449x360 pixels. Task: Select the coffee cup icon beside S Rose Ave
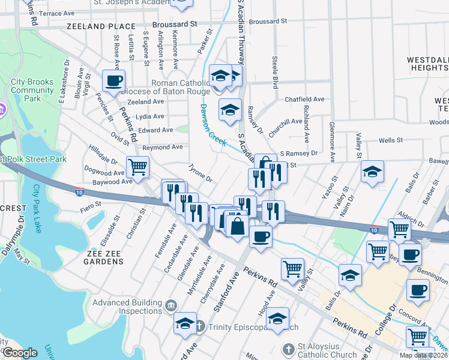[x=113, y=81]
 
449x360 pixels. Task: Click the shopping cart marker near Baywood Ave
[x=137, y=167]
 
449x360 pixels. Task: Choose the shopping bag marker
[x=237, y=227]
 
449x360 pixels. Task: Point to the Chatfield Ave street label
[x=304, y=99]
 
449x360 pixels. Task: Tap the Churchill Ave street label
[x=285, y=121]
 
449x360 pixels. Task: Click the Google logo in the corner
[x=20, y=353]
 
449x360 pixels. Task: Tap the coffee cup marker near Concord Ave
[x=418, y=290]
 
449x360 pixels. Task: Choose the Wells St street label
[x=391, y=140]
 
